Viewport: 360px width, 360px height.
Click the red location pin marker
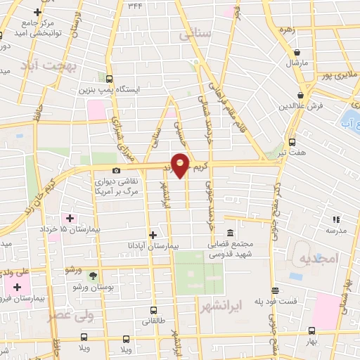180,165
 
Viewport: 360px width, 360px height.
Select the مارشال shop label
297,63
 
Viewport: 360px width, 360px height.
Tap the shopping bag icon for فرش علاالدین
301,94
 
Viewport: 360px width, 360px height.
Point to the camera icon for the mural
116,170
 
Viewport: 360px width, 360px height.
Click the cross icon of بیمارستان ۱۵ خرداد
68,219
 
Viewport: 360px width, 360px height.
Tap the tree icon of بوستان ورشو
93,275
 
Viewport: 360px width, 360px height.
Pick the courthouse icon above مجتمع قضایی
230,233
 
